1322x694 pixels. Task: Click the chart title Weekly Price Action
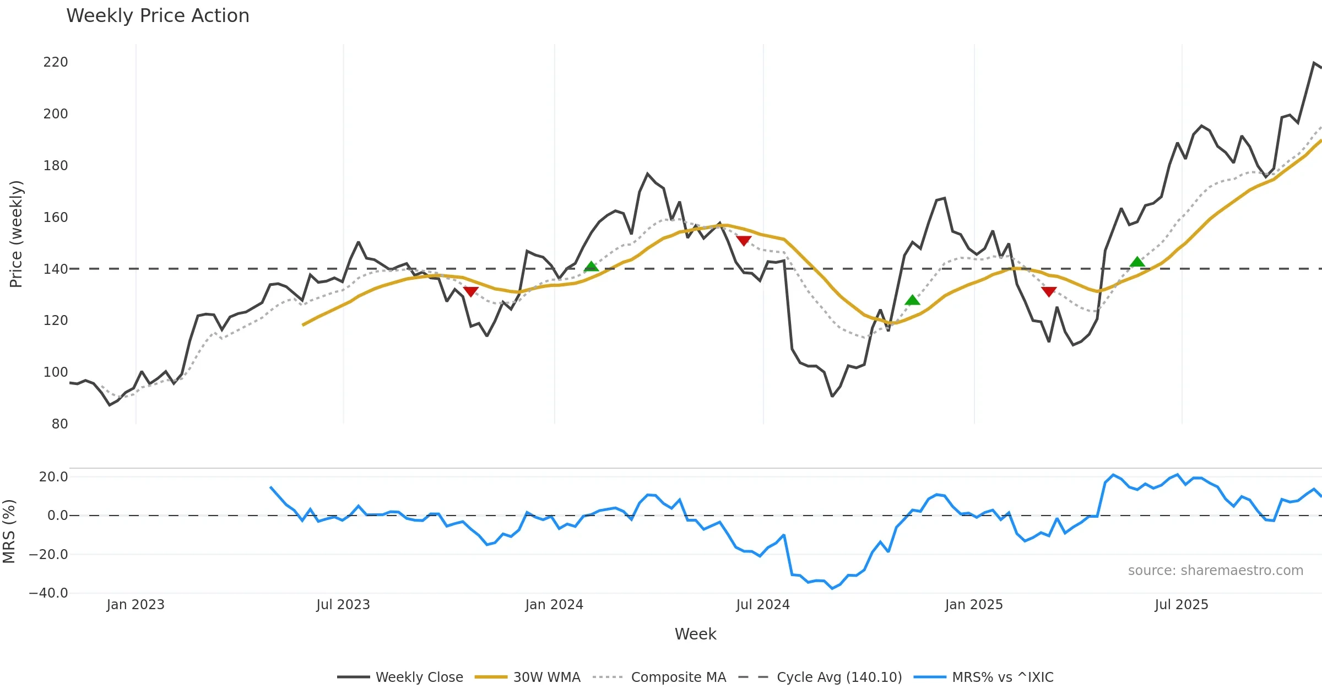[x=158, y=16]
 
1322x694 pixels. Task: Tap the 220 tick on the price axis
[x=56, y=62]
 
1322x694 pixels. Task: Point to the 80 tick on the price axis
[x=59, y=424]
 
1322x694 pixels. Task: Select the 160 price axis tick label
[x=56, y=218]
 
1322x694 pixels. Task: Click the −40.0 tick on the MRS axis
[x=48, y=593]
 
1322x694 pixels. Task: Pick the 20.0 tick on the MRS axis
[x=53, y=477]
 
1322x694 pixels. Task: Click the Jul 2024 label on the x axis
[x=763, y=605]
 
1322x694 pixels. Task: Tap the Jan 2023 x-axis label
[x=136, y=605]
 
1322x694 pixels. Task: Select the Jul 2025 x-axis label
[x=1182, y=605]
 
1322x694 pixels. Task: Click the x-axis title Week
[x=695, y=635]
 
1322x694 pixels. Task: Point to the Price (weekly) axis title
[x=17, y=234]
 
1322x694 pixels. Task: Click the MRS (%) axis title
[x=9, y=532]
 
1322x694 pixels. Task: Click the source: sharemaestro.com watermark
[x=1215, y=571]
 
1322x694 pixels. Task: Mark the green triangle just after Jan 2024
[x=591, y=267]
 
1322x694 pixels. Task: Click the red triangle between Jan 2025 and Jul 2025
[x=1049, y=291]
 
